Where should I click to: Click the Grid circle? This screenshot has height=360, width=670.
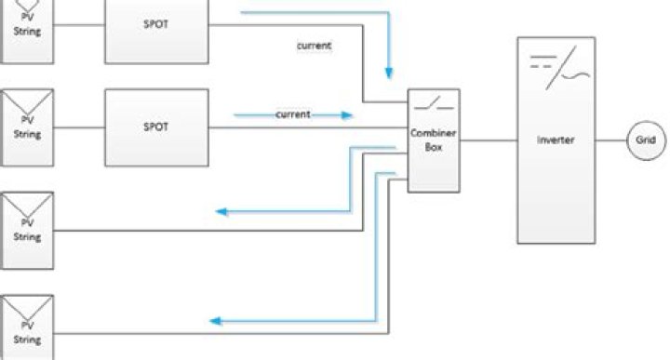pyautogui.click(x=646, y=140)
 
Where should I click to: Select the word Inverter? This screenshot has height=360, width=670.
pyautogui.click(x=555, y=140)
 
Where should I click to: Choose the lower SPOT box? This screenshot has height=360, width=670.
pyautogui.click(x=155, y=127)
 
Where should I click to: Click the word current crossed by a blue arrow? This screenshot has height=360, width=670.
pyautogui.click(x=292, y=115)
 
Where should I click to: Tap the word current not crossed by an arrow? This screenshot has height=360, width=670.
pyautogui.click(x=314, y=44)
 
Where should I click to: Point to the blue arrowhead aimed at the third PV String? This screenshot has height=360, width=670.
pyautogui.click(x=221, y=212)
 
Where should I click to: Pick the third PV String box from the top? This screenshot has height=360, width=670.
pyautogui.click(x=27, y=225)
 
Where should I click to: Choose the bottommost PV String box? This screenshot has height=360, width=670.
pyautogui.click(x=27, y=327)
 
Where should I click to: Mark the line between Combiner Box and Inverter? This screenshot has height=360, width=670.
pyautogui.click(x=489, y=140)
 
